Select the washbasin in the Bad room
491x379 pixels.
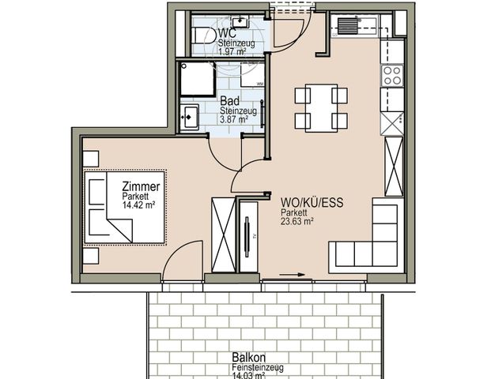[x=190, y=118]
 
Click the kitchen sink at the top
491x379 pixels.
[x=347, y=27]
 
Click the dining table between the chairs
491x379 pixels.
[x=321, y=108]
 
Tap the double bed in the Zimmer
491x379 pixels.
[x=125, y=206]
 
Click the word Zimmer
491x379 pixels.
[x=142, y=187]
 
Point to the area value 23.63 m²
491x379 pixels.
[x=298, y=222]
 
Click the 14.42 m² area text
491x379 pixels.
[x=138, y=205]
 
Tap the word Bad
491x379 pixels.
[x=229, y=102]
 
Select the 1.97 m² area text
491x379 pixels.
[x=234, y=51]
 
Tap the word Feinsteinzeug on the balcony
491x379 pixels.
[x=258, y=367]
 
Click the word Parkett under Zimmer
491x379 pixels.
[x=135, y=197]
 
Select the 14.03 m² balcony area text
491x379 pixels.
[x=251, y=375]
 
